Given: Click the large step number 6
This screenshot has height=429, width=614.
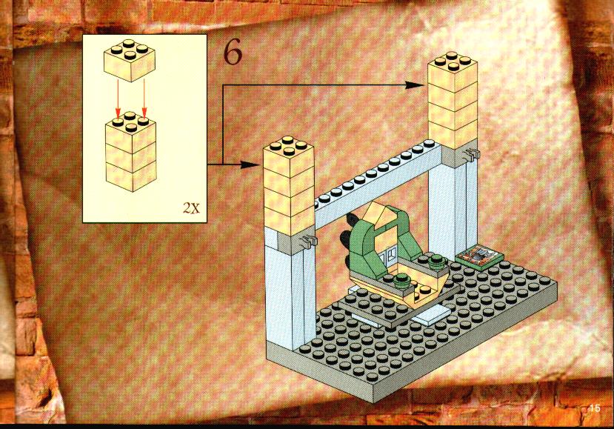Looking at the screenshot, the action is (x=233, y=53).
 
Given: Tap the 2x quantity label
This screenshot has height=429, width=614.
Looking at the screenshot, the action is (x=191, y=207).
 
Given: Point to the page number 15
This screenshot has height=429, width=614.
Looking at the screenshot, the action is (x=595, y=408).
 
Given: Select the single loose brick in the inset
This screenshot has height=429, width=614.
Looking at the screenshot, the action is (x=130, y=60).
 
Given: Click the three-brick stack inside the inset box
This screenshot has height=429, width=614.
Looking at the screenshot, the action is (x=131, y=151).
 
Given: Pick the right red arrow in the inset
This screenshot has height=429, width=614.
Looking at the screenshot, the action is (x=144, y=99).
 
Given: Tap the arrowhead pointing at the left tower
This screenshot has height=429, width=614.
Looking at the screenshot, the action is (x=250, y=164).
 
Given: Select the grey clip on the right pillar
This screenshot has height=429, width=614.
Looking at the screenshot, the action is (x=471, y=156).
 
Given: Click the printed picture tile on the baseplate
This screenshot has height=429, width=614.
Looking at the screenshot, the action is (x=479, y=256).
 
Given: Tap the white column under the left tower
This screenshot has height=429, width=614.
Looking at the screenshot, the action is (x=290, y=290).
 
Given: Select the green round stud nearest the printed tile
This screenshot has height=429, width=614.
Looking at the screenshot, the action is (x=437, y=260).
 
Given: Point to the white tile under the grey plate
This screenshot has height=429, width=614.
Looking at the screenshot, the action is (x=431, y=316).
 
